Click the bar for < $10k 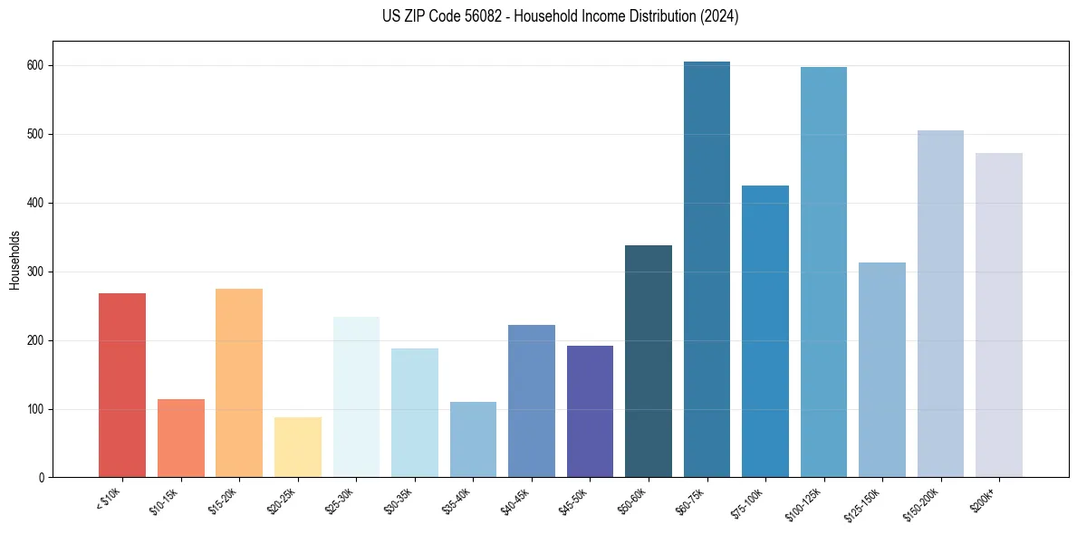(x=122, y=386)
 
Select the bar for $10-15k (x=180, y=438)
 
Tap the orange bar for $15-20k (x=239, y=383)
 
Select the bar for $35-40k (x=473, y=440)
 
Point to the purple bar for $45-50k (x=590, y=412)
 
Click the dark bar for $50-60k (x=649, y=361)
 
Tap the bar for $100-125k (x=823, y=272)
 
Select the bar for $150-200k (x=940, y=304)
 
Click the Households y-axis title (x=14, y=259)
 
